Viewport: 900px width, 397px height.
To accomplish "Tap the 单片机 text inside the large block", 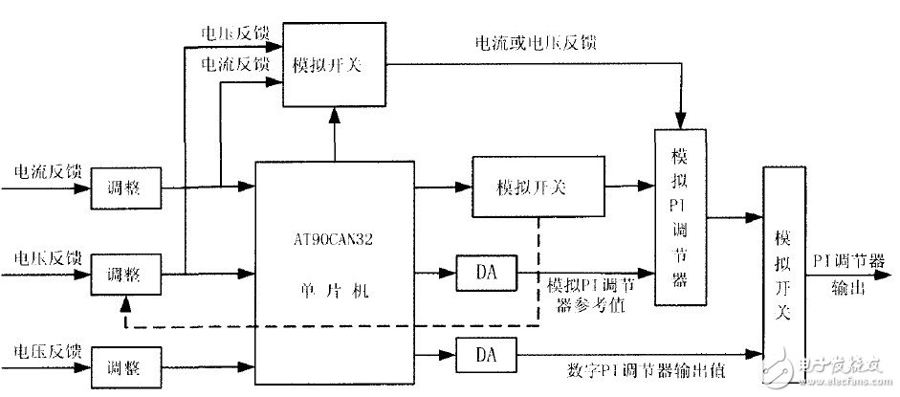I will pyautogui.click(x=334, y=290).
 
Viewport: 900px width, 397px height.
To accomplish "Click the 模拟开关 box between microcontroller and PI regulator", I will pyautogui.click(x=538, y=187).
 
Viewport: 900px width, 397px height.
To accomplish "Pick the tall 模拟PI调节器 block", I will pyautogui.click(x=677, y=215).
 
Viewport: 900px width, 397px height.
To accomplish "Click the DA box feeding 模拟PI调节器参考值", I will pyautogui.click(x=486, y=274).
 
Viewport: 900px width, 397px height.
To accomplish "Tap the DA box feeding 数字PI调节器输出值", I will pyautogui.click(x=486, y=354).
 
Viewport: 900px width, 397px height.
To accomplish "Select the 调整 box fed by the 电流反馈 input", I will pyautogui.click(x=126, y=190).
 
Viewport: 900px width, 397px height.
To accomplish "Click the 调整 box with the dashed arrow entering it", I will pyautogui.click(x=126, y=275).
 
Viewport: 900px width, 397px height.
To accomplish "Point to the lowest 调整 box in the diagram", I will pyautogui.click(x=126, y=366).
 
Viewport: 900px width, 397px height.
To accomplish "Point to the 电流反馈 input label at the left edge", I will pyautogui.click(x=45, y=172).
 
